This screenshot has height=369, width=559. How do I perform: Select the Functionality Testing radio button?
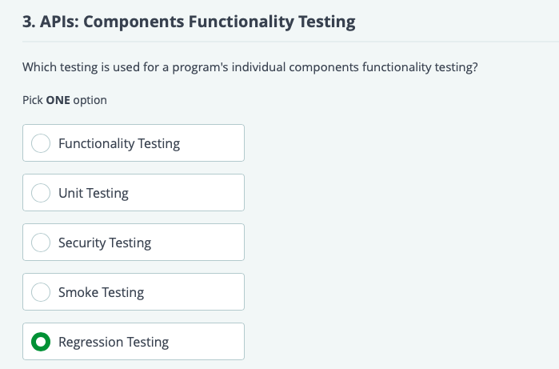pyautogui.click(x=40, y=144)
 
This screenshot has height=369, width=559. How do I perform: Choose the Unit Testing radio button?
pyautogui.click(x=40, y=194)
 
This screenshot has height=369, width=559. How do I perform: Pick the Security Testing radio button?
pyautogui.click(x=40, y=243)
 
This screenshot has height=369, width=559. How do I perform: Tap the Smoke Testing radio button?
pyautogui.click(x=40, y=293)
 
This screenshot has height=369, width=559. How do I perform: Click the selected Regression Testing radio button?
pyautogui.click(x=40, y=343)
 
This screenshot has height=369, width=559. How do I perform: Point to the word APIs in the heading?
pyautogui.click(x=59, y=22)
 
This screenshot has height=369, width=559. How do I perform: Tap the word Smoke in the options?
pyautogui.click(x=78, y=293)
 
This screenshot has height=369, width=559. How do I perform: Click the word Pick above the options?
pyautogui.click(x=33, y=101)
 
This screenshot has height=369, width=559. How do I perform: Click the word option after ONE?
pyautogui.click(x=90, y=101)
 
